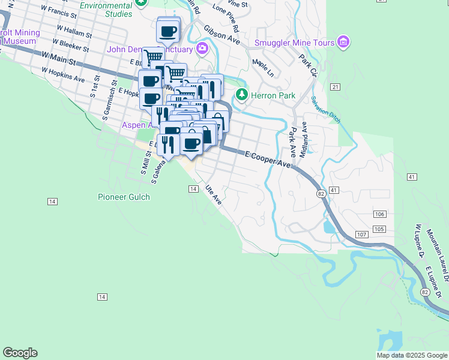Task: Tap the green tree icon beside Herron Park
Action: tap(241, 95)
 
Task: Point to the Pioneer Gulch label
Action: tap(124, 197)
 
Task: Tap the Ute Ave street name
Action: tap(214, 194)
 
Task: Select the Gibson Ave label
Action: tap(221, 35)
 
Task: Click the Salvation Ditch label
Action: tap(325, 108)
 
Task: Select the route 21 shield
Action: tap(335, 87)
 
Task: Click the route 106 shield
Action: tap(379, 214)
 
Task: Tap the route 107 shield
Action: tap(361, 233)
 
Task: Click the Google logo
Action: tap(20, 353)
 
